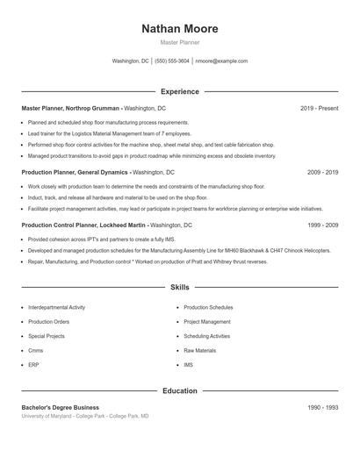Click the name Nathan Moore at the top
(180, 29)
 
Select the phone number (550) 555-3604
(172, 61)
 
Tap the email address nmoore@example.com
(221, 61)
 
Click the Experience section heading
(180, 91)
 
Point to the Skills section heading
(180, 287)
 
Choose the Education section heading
(180, 390)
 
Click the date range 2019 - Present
(319, 108)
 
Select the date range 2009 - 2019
(322, 173)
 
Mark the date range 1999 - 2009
(322, 225)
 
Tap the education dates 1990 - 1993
(322, 408)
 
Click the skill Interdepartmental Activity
(57, 308)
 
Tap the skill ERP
(33, 364)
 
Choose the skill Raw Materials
(199, 350)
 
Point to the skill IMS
(188, 364)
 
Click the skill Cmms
(36, 350)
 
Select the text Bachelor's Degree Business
(60, 408)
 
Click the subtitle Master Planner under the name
(180, 42)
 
